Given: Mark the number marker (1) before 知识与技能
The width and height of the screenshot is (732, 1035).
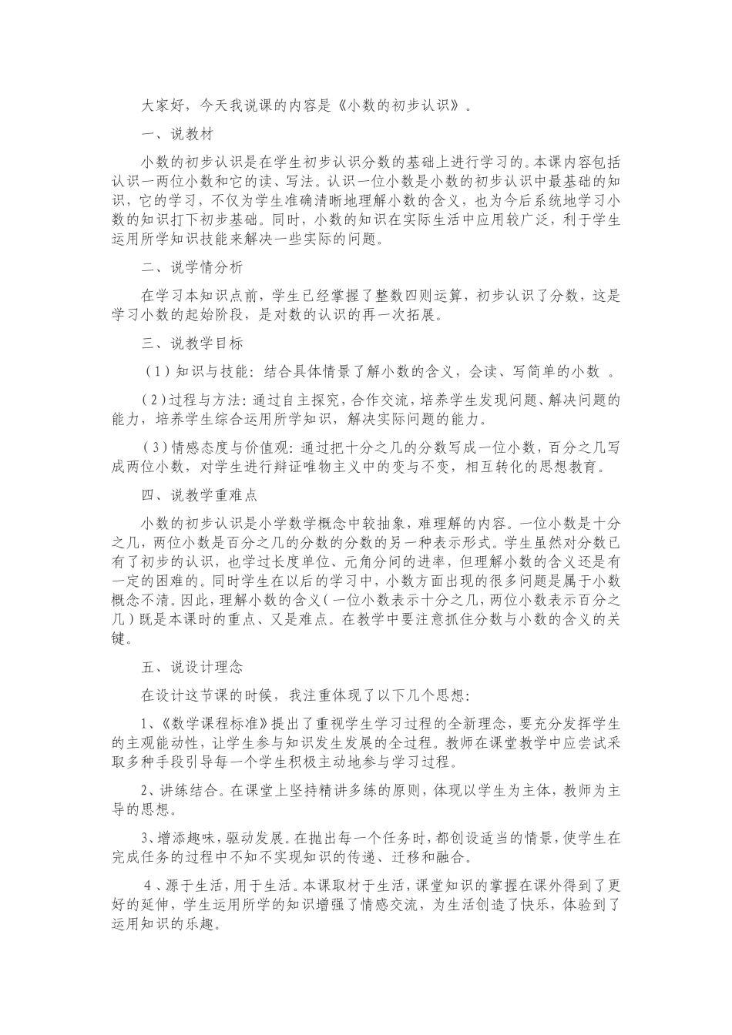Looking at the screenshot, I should [x=156, y=372].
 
